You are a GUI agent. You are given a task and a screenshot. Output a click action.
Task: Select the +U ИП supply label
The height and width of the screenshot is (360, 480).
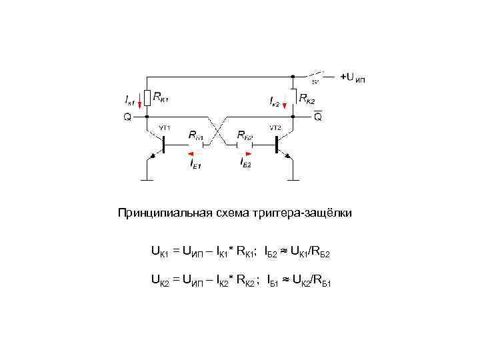(x=353, y=77)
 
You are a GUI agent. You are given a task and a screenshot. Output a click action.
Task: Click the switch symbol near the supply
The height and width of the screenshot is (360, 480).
(x=315, y=73)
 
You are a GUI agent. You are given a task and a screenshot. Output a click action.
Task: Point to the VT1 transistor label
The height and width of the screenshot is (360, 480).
(x=165, y=127)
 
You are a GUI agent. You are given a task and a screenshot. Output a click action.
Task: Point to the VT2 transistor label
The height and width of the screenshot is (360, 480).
(x=275, y=127)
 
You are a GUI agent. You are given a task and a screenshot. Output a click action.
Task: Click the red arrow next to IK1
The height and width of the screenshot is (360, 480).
(x=140, y=103)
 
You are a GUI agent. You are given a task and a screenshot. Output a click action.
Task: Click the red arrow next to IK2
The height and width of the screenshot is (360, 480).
(x=285, y=103)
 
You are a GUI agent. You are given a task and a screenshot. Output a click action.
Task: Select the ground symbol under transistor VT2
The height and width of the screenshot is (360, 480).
(x=294, y=179)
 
